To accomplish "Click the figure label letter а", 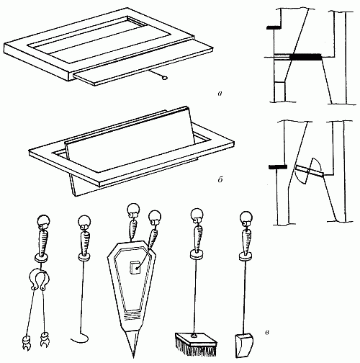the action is (220, 94).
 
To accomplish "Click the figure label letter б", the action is (220, 179).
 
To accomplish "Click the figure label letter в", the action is (267, 333).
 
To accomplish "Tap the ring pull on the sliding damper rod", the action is (164, 77).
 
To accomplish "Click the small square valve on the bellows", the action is (135, 268).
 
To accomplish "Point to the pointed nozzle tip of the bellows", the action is (133, 354).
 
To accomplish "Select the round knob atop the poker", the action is (84, 221).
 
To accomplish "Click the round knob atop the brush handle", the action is (197, 215).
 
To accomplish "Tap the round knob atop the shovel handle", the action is (246, 218).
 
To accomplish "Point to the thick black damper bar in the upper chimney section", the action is (305, 57).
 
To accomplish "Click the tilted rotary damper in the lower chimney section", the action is (310, 171).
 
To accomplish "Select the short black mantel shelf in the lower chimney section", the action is (278, 167).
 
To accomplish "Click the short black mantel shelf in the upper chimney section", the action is (274, 28).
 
